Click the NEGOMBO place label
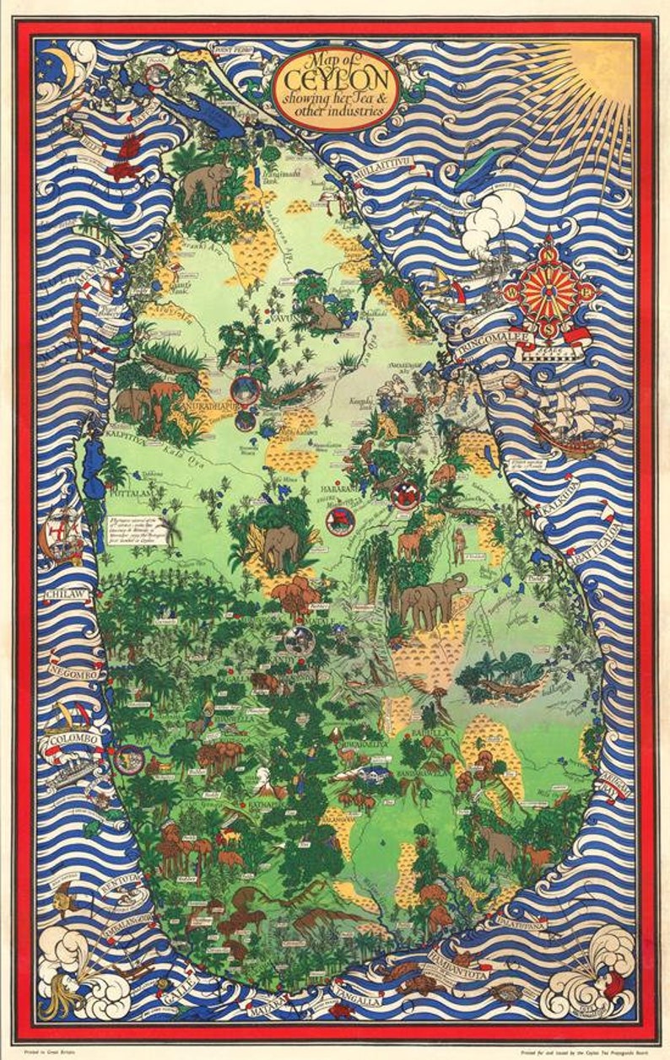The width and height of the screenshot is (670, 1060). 77,674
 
